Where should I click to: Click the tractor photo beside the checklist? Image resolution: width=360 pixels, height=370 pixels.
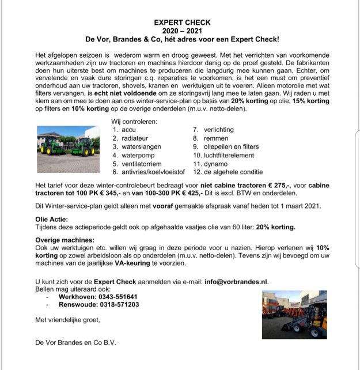67,142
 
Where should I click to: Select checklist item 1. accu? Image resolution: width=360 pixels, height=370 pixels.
125,130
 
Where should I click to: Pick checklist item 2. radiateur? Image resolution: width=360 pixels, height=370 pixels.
131,138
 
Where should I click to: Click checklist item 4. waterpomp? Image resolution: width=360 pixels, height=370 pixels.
132,155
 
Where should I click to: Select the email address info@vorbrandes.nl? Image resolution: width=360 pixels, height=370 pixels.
236,282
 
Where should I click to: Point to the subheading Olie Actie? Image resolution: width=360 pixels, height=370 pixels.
51,220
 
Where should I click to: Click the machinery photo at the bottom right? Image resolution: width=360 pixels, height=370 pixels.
294,315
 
